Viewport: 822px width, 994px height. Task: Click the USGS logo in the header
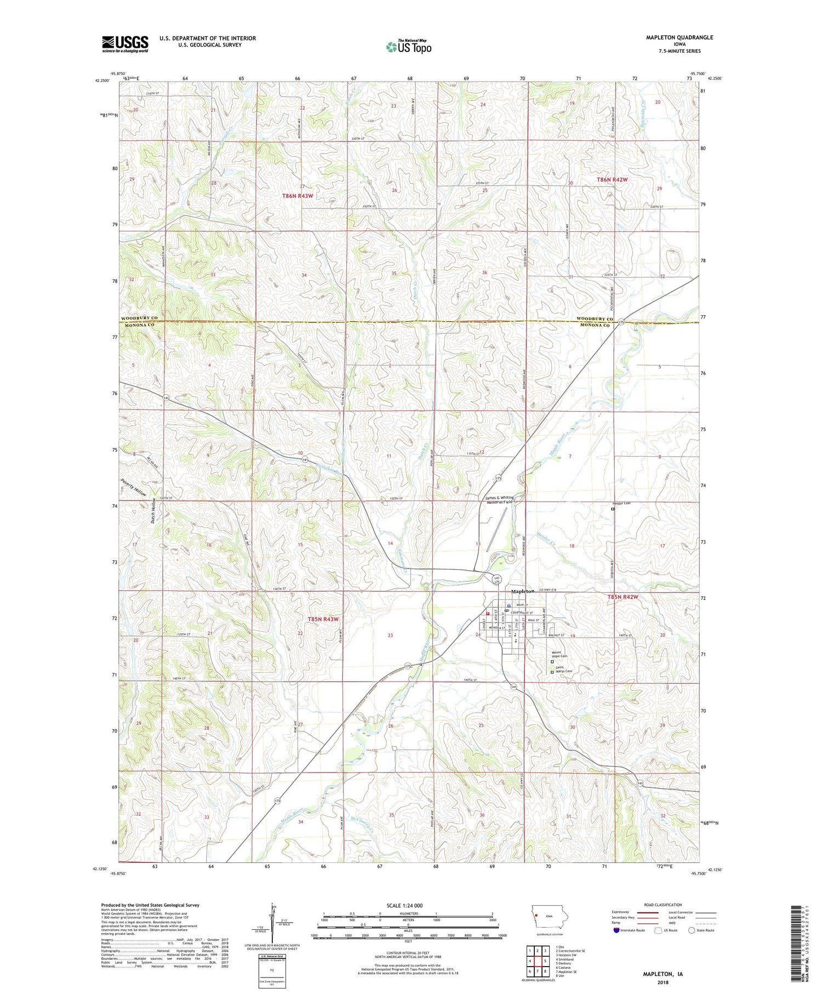(125, 44)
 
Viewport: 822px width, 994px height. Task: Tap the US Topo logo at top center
(408, 47)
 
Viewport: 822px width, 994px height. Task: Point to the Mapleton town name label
(522, 592)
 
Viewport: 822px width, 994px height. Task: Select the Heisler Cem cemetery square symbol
(613, 509)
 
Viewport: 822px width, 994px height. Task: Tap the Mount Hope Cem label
(560, 654)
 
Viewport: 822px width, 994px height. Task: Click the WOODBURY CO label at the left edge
(139, 318)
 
